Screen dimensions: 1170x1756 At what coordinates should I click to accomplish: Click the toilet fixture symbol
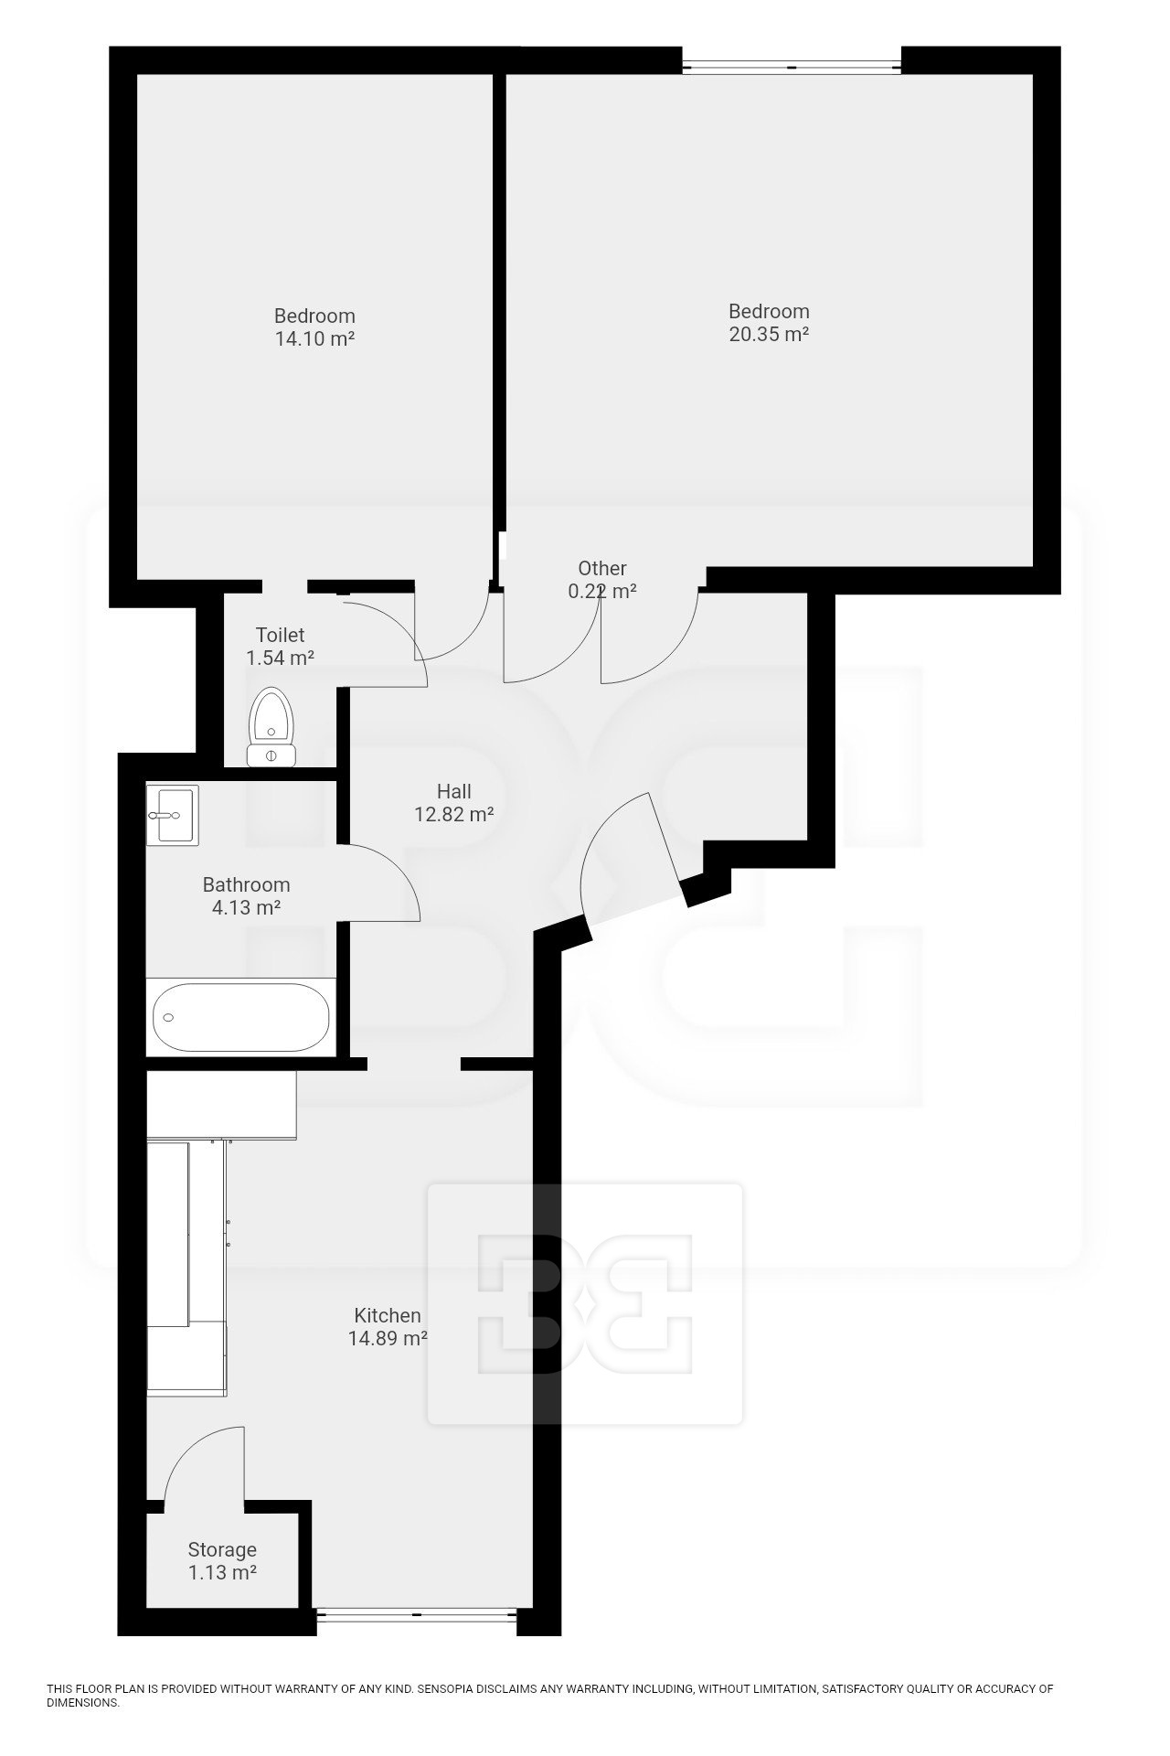point(271,727)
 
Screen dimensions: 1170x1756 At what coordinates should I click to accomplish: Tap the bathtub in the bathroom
point(241,1016)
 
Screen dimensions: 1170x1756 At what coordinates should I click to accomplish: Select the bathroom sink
point(172,814)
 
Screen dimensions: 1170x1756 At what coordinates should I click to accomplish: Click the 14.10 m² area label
point(314,339)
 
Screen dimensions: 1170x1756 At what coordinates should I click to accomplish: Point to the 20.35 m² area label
point(769,335)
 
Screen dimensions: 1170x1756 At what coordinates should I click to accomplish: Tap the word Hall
point(454,791)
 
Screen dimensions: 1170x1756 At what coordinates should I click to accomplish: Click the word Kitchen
point(388,1315)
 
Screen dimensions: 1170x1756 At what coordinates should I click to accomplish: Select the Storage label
point(222,1549)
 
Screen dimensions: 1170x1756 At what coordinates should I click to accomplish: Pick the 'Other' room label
point(602,568)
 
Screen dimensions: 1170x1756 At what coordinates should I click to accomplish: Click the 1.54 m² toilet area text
point(281,658)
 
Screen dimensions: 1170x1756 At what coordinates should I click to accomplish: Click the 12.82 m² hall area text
point(454,815)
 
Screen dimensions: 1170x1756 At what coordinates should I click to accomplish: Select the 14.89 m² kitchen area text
point(388,1339)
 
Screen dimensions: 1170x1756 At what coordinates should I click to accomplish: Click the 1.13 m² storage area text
point(222,1573)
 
